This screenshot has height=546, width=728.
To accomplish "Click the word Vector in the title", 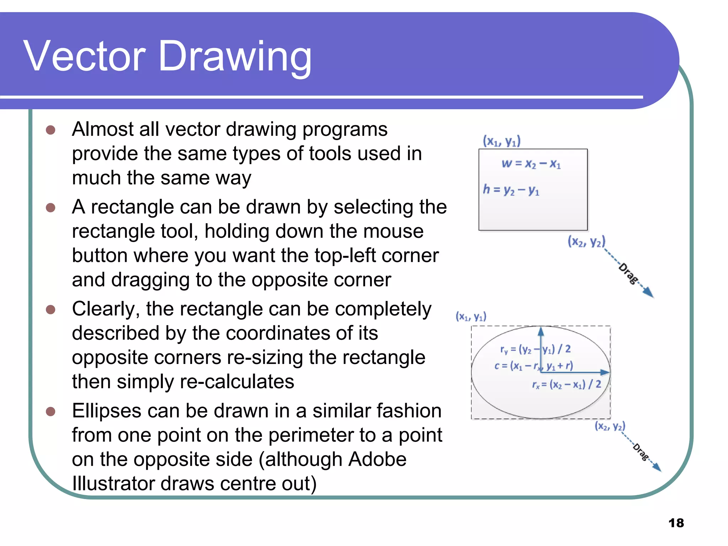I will pyautogui.click(x=85, y=56).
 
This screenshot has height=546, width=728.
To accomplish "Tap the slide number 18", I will pyautogui.click(x=676, y=523).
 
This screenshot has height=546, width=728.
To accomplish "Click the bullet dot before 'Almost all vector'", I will pyautogui.click(x=51, y=130).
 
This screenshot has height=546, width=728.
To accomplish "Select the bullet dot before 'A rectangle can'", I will pyautogui.click(x=51, y=208).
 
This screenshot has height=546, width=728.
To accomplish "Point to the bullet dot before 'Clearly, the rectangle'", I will pyautogui.click(x=51, y=310).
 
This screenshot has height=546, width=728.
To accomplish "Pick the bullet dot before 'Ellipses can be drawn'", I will pyautogui.click(x=51, y=412).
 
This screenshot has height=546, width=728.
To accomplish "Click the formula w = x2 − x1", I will pyautogui.click(x=531, y=164).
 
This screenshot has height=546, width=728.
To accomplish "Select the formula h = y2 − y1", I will pyautogui.click(x=511, y=190).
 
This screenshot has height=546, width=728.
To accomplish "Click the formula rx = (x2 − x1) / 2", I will pyautogui.click(x=566, y=385).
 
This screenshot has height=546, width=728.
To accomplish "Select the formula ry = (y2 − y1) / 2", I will pyautogui.click(x=535, y=349).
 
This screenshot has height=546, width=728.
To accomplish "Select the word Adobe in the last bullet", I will pyautogui.click(x=377, y=459).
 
